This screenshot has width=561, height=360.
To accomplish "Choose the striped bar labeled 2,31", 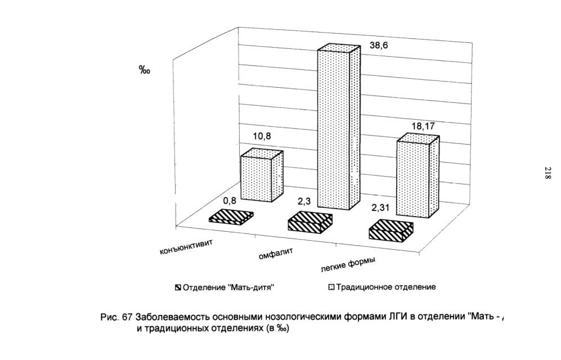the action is click(391, 231).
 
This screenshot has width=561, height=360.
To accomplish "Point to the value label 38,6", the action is click(379, 46).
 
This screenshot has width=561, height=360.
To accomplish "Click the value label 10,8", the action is click(262, 136).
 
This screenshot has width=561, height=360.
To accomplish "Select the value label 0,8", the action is click(230, 201).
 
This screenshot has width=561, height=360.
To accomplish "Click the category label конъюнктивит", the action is click(186, 247).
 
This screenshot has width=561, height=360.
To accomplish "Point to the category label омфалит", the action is click(276, 254).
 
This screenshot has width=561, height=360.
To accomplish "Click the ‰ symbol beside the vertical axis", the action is click(145, 70).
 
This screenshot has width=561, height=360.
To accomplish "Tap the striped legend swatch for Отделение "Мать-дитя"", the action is click(178, 287).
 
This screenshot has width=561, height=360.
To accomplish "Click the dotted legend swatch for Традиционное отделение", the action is click(331, 287).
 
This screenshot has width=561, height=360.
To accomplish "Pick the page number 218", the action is click(547, 173).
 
